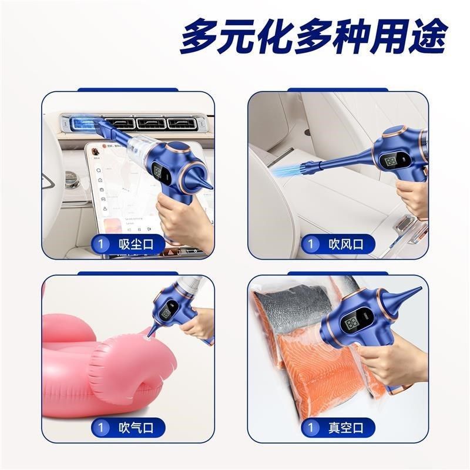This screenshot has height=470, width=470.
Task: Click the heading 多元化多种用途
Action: click(x=313, y=36)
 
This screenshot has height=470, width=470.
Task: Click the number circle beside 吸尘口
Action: click(x=102, y=244)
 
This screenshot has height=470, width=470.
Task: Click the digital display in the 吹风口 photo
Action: click(x=393, y=162)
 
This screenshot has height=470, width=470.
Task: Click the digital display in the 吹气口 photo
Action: click(x=167, y=310)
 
